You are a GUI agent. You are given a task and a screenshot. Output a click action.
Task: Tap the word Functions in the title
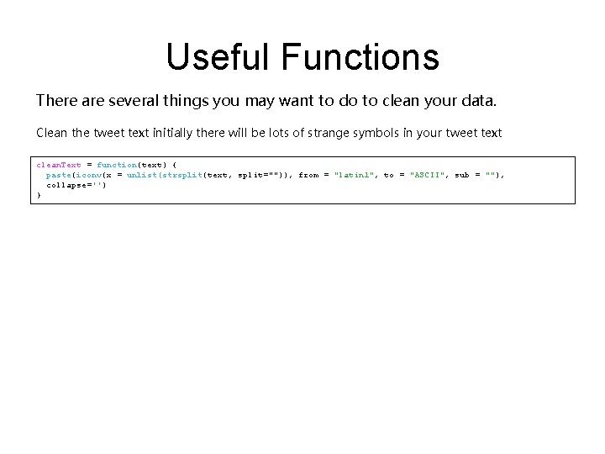pos(360,57)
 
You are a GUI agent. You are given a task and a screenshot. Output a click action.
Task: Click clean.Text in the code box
pos(59,164)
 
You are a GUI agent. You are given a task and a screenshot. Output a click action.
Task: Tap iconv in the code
pos(85,174)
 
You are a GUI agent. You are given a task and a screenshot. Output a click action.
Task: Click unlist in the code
pos(141,174)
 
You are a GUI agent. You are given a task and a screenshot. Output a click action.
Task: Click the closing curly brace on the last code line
pos(39,194)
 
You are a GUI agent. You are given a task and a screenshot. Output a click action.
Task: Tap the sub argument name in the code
pos(462,174)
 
